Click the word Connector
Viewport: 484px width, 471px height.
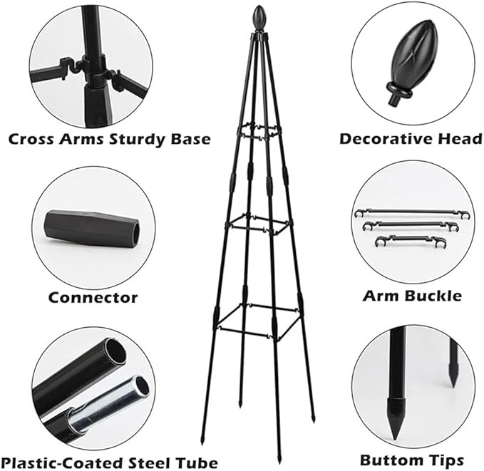(x=93, y=298)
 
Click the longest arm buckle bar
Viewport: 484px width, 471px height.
(x=412, y=213)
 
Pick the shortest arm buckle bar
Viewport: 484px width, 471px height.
(x=411, y=240)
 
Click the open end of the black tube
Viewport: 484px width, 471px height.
(x=115, y=352)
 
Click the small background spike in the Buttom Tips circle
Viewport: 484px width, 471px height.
(x=453, y=364)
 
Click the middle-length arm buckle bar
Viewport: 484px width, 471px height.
(x=411, y=225)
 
